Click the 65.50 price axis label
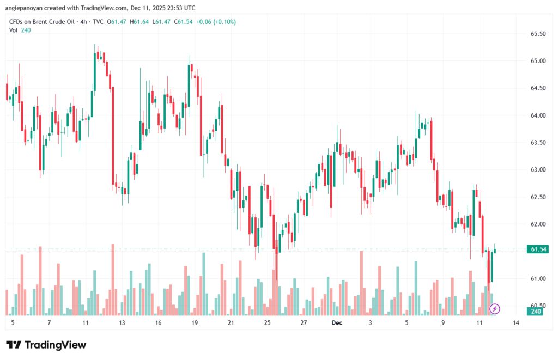(538, 34)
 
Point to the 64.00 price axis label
(538, 115)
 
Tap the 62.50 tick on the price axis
(538, 197)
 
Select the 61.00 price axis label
(538, 279)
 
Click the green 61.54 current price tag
(538, 249)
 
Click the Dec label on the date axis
(337, 323)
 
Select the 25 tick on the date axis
(267, 323)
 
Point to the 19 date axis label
(194, 323)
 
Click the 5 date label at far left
(13, 323)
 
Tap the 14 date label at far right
(515, 323)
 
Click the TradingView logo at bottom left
(46, 345)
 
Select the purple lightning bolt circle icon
(494, 309)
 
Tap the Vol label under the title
(14, 30)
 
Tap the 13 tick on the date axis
(122, 323)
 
